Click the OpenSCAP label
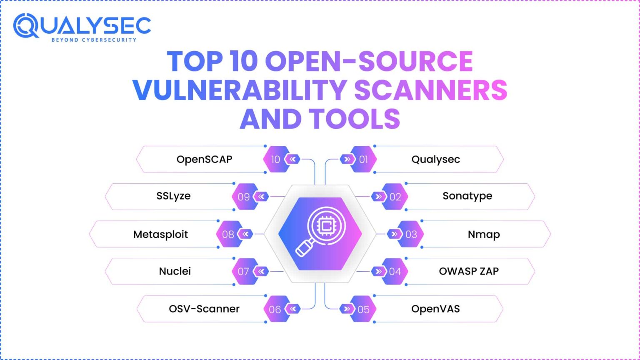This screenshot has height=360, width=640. point(204,159)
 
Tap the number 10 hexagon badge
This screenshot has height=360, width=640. point(276,159)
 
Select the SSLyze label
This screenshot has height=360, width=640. point(173,196)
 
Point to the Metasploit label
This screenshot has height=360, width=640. point(160,234)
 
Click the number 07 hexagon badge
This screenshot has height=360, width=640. point(244,271)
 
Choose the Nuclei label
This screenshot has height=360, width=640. point(175,271)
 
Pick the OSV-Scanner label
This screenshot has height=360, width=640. point(204,309)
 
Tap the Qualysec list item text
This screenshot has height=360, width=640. point(435,159)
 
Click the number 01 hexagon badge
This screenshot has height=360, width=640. point(363,159)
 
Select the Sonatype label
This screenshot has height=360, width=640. point(467,196)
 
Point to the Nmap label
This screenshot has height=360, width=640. point(483,234)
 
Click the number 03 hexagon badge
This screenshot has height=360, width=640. point(411,234)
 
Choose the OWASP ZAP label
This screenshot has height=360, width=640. point(469,271)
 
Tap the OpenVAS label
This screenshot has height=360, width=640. point(435,309)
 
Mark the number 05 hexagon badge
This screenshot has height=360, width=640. point(363,309)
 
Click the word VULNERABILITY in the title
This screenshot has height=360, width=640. point(240,90)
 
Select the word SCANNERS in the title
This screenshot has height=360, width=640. point(430,90)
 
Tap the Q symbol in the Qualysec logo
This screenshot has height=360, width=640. point(26,26)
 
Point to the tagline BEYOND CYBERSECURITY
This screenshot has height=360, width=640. point(94,40)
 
